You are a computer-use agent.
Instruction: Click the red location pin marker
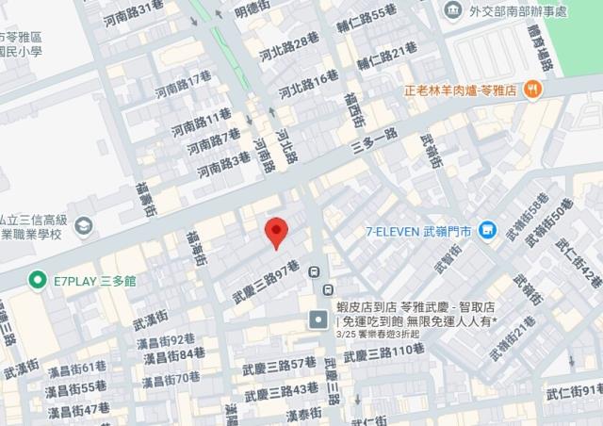click(274, 231)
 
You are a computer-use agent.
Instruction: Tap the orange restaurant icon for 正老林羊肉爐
click(534, 90)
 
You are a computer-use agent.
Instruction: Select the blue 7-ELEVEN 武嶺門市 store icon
click(487, 229)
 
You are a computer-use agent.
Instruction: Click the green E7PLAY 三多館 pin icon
click(37, 280)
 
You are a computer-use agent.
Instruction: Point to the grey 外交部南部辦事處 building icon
click(453, 10)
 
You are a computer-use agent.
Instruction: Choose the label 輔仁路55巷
click(366, 18)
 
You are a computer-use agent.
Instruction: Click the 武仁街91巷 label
click(574, 391)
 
